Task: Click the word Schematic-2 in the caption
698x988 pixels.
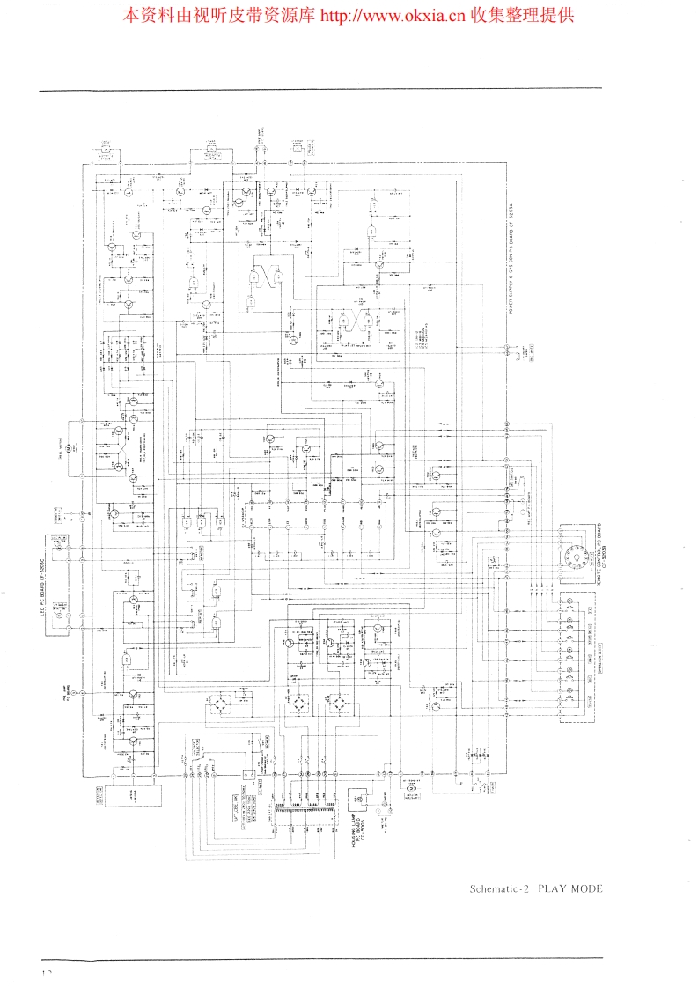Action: tap(497, 888)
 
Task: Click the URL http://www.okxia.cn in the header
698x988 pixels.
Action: tap(391, 15)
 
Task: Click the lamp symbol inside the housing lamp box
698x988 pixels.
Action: tap(358, 798)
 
